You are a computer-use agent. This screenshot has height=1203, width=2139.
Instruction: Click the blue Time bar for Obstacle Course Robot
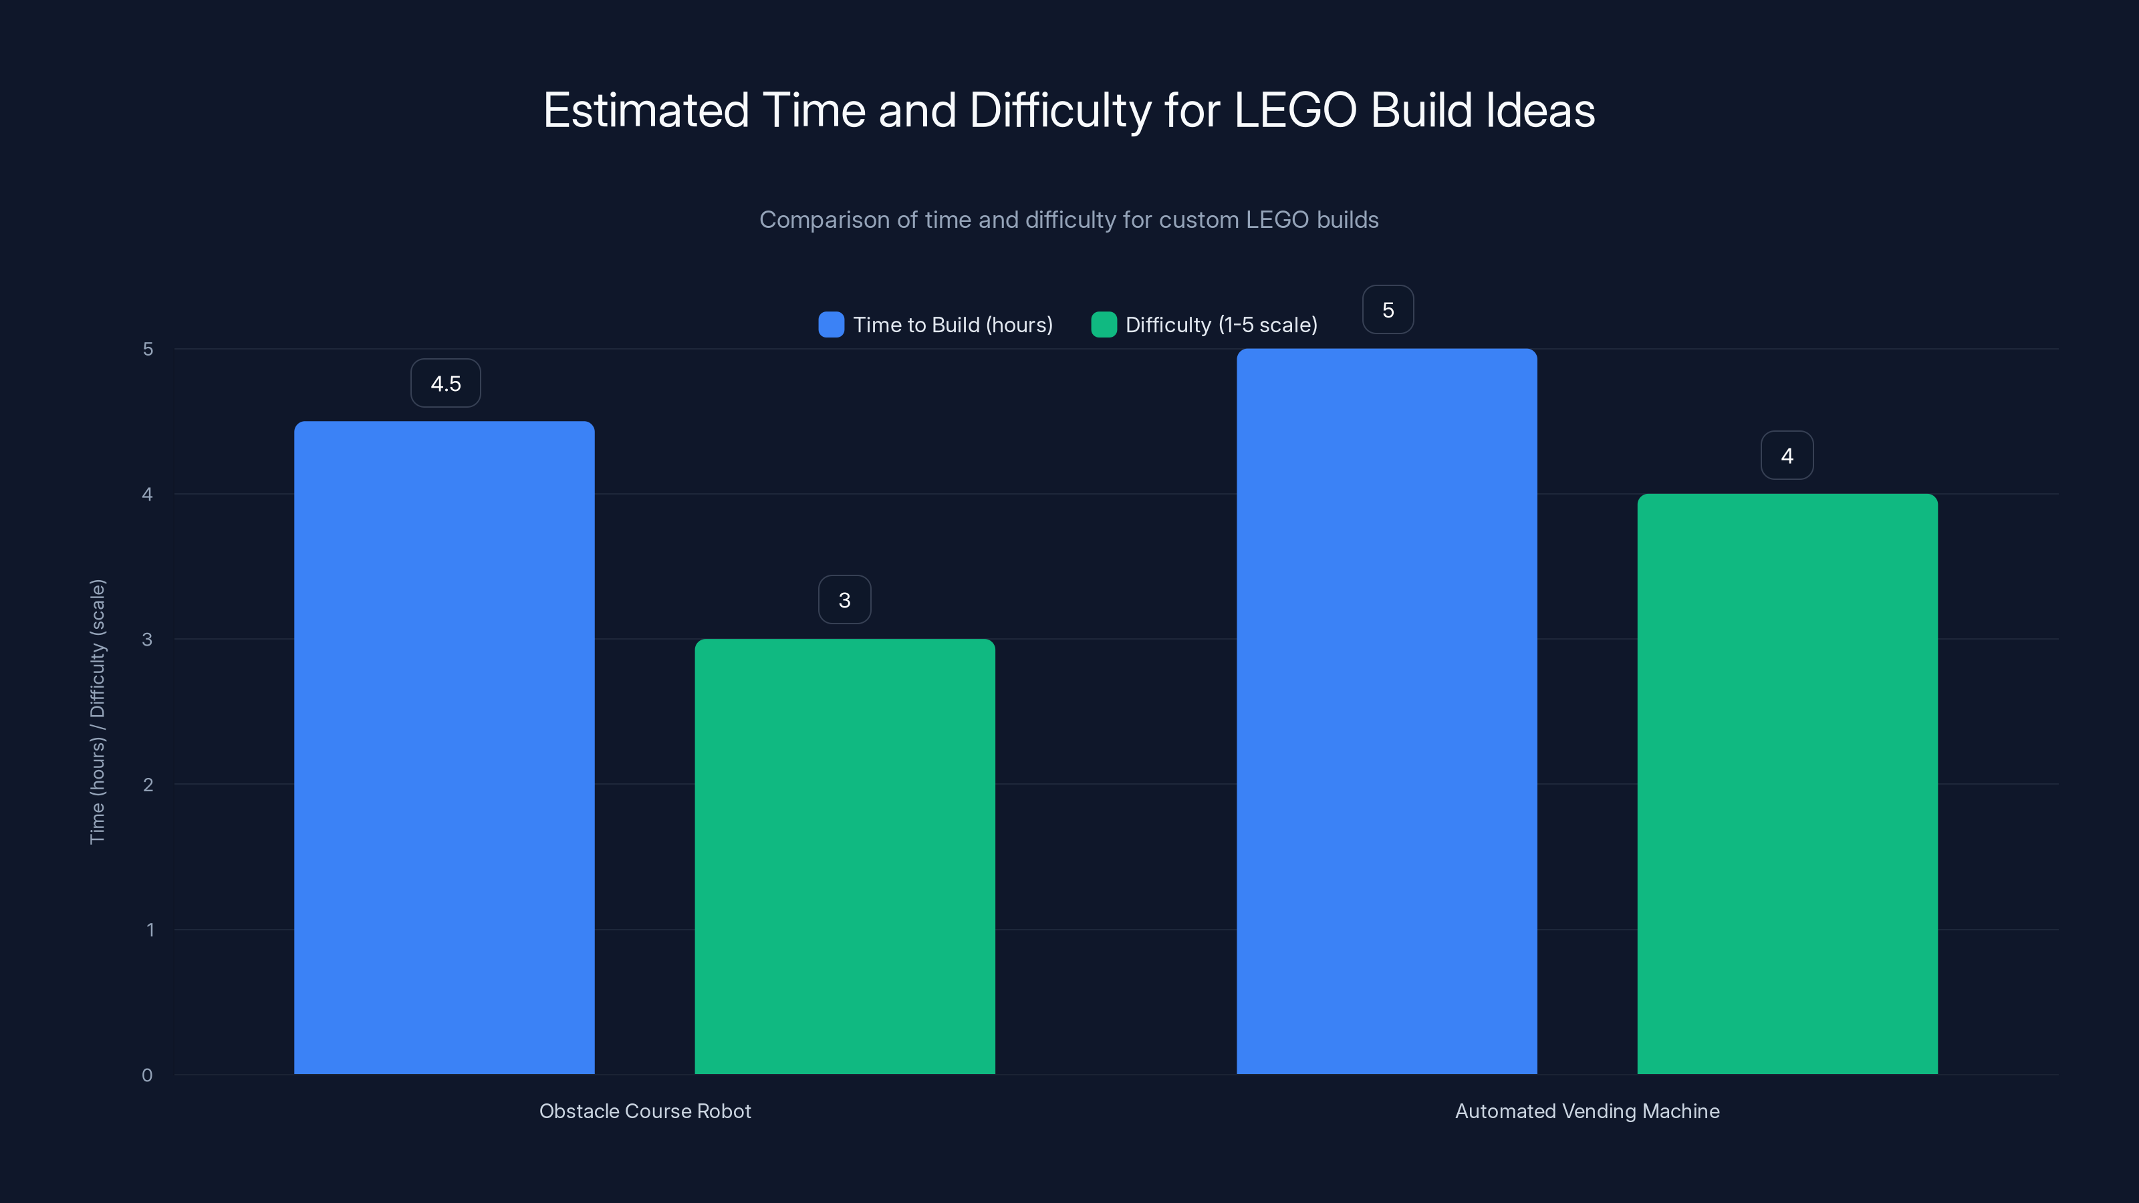pyautogui.click(x=445, y=747)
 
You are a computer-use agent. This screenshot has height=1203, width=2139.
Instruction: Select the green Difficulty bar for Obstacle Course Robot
pyautogui.click(x=844, y=855)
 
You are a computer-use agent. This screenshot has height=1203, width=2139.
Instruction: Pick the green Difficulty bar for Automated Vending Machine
pyautogui.click(x=1787, y=784)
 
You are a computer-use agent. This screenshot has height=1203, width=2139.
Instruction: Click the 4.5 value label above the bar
pyautogui.click(x=446, y=384)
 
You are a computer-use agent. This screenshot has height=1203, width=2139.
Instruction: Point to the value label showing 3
pyautogui.click(x=844, y=600)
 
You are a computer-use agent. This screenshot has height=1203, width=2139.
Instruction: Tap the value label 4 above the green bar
pyautogui.click(x=1787, y=456)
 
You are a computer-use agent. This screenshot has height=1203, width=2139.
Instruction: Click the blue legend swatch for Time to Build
pyautogui.click(x=831, y=325)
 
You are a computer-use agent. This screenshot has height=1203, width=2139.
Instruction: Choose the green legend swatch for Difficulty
pyautogui.click(x=1104, y=325)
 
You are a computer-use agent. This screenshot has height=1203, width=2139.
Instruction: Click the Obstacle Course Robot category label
pyautogui.click(x=645, y=1111)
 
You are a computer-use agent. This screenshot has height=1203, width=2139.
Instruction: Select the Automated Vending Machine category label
pyautogui.click(x=1587, y=1111)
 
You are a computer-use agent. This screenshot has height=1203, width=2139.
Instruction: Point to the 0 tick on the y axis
pyautogui.click(x=147, y=1075)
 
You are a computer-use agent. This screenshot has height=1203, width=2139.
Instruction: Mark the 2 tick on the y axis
pyautogui.click(x=148, y=785)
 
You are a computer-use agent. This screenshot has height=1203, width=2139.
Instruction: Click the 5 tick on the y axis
pyautogui.click(x=148, y=350)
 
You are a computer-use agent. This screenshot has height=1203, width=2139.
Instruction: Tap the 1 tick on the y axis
pyautogui.click(x=150, y=930)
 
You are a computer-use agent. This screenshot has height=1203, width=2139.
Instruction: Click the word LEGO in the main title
pyautogui.click(x=1295, y=110)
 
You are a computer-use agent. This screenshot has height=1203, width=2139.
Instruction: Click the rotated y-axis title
pyautogui.click(x=98, y=712)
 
